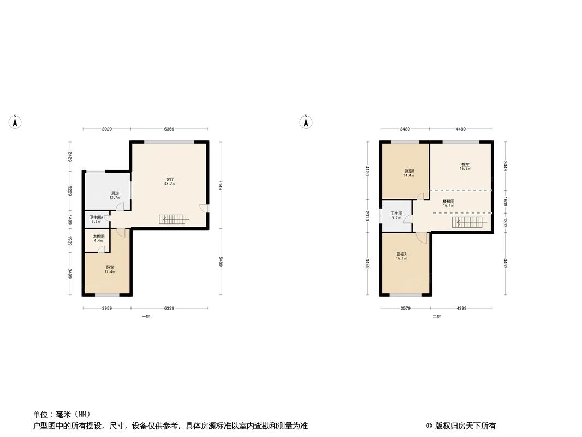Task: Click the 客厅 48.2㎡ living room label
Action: pos(170,181)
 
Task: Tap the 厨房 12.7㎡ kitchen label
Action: pos(115,196)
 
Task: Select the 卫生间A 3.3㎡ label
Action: pos(96,219)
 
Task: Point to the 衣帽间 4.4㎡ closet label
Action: pos(98,238)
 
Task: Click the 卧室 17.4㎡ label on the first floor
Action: pos(110,269)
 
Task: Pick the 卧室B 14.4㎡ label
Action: pos(409,173)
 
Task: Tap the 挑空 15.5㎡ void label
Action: pos(465,167)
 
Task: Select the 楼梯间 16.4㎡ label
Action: pos(448,203)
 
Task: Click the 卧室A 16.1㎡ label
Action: pos(401,256)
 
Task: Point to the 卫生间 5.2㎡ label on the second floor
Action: pos(396,215)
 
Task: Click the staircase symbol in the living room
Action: pos(174,220)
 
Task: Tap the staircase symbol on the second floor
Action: pos(467,222)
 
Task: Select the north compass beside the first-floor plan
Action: pos(16,122)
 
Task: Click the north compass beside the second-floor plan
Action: pos(306,122)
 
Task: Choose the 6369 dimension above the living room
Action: pos(169,129)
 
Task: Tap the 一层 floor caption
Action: pos(145,316)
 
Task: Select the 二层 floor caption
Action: pos(436,316)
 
